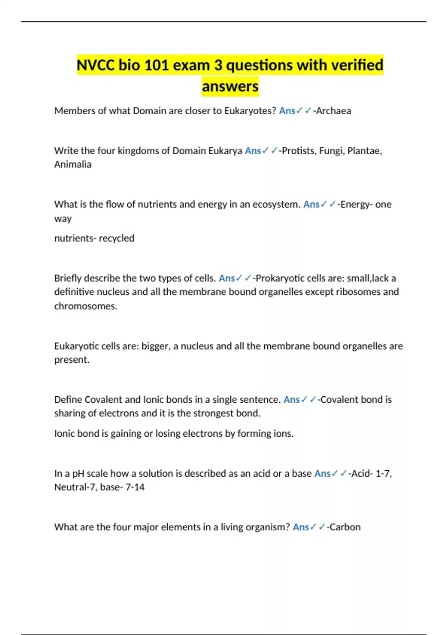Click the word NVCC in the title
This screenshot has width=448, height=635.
coord(96,65)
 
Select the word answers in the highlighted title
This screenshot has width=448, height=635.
coord(230,87)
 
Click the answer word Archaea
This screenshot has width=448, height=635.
coord(333,111)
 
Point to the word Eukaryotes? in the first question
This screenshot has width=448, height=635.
coord(250,111)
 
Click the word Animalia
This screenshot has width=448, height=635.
coord(73,164)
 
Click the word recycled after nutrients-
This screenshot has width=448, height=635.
coord(116,238)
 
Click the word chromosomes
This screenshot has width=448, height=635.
coord(85,306)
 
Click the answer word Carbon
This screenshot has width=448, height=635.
coord(345,527)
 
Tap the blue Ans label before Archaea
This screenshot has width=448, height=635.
coord(287,111)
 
